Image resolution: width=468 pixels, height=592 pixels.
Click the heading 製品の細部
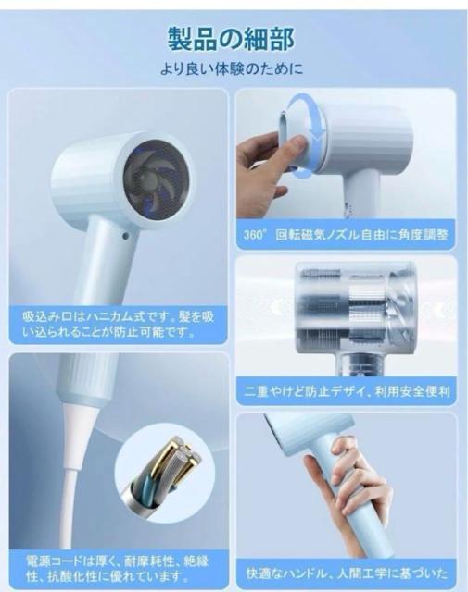pyautogui.click(x=231, y=39)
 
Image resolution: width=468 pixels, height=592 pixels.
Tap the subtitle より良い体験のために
pyautogui.click(x=232, y=69)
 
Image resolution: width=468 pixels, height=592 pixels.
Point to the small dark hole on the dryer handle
pyautogui.click(x=126, y=237)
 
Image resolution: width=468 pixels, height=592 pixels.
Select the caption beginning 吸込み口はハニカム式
pyautogui.click(x=118, y=324)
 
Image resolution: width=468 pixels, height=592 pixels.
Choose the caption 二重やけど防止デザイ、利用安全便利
pyautogui.click(x=347, y=391)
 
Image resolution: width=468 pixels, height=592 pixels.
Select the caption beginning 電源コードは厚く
pyautogui.click(x=118, y=568)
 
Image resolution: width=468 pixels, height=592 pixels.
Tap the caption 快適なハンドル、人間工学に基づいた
pyautogui.click(x=347, y=573)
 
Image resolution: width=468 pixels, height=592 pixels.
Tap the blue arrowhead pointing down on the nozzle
pyautogui.click(x=319, y=141)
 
